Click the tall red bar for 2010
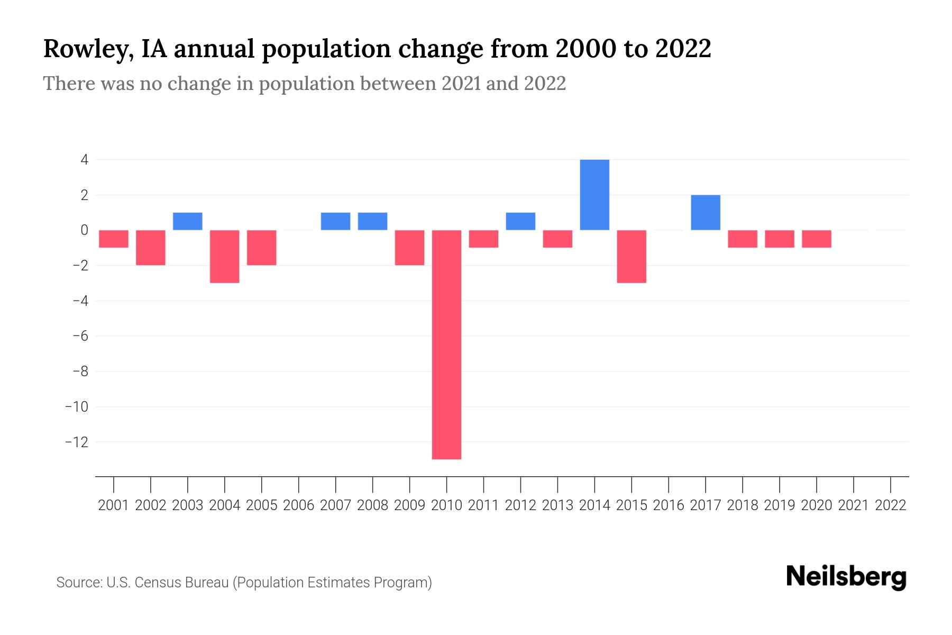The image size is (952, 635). [446, 344]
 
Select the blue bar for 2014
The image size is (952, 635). [594, 195]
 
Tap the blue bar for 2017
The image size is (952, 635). [706, 212]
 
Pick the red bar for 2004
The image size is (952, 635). [225, 256]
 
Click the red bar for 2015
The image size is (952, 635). [631, 256]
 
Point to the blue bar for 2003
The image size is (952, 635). [188, 221]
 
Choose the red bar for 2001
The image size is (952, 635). [114, 239]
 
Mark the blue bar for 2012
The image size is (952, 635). [520, 221]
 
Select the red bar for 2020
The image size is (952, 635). [817, 239]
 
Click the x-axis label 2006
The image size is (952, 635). [299, 505]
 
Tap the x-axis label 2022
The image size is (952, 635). [891, 505]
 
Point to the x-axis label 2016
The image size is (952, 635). [669, 505]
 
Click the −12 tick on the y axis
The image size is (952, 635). [77, 442]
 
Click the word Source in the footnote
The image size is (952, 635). [79, 583]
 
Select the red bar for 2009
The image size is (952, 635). [409, 248]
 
